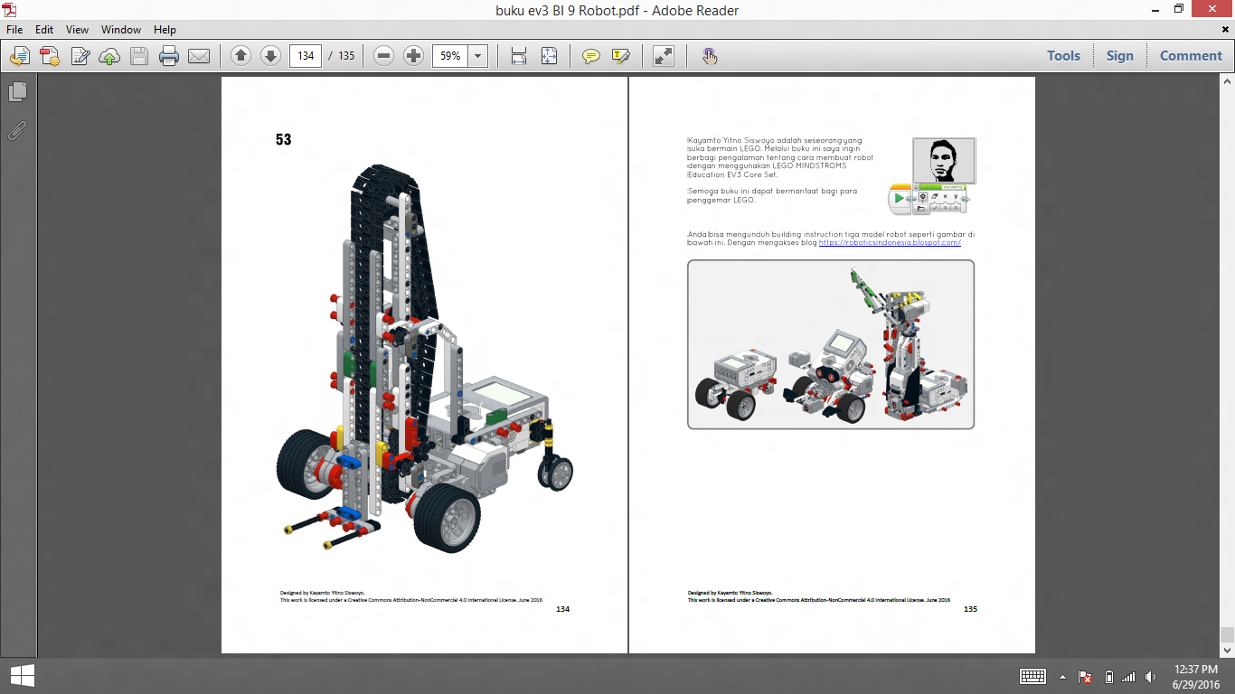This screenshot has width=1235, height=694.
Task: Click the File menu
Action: click(14, 30)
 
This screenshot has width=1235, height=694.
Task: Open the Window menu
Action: click(120, 30)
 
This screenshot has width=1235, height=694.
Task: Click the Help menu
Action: click(165, 30)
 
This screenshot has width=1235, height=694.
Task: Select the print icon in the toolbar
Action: click(169, 56)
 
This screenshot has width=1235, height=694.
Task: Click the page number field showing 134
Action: click(306, 56)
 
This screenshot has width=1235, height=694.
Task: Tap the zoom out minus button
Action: click(383, 56)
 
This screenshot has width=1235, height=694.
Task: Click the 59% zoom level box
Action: click(450, 56)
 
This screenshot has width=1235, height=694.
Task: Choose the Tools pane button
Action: click(1063, 56)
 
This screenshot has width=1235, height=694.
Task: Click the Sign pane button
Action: click(1119, 56)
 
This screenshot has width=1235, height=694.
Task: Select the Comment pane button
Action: click(1191, 56)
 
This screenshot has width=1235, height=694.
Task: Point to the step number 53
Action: click(284, 140)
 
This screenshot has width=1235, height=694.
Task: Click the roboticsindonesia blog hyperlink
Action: click(890, 243)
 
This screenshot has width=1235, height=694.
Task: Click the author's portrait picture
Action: click(943, 161)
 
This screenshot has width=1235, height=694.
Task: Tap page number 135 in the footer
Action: click(970, 609)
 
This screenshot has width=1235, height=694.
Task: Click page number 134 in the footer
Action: click(562, 609)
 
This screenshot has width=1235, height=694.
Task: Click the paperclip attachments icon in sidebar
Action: click(17, 131)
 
